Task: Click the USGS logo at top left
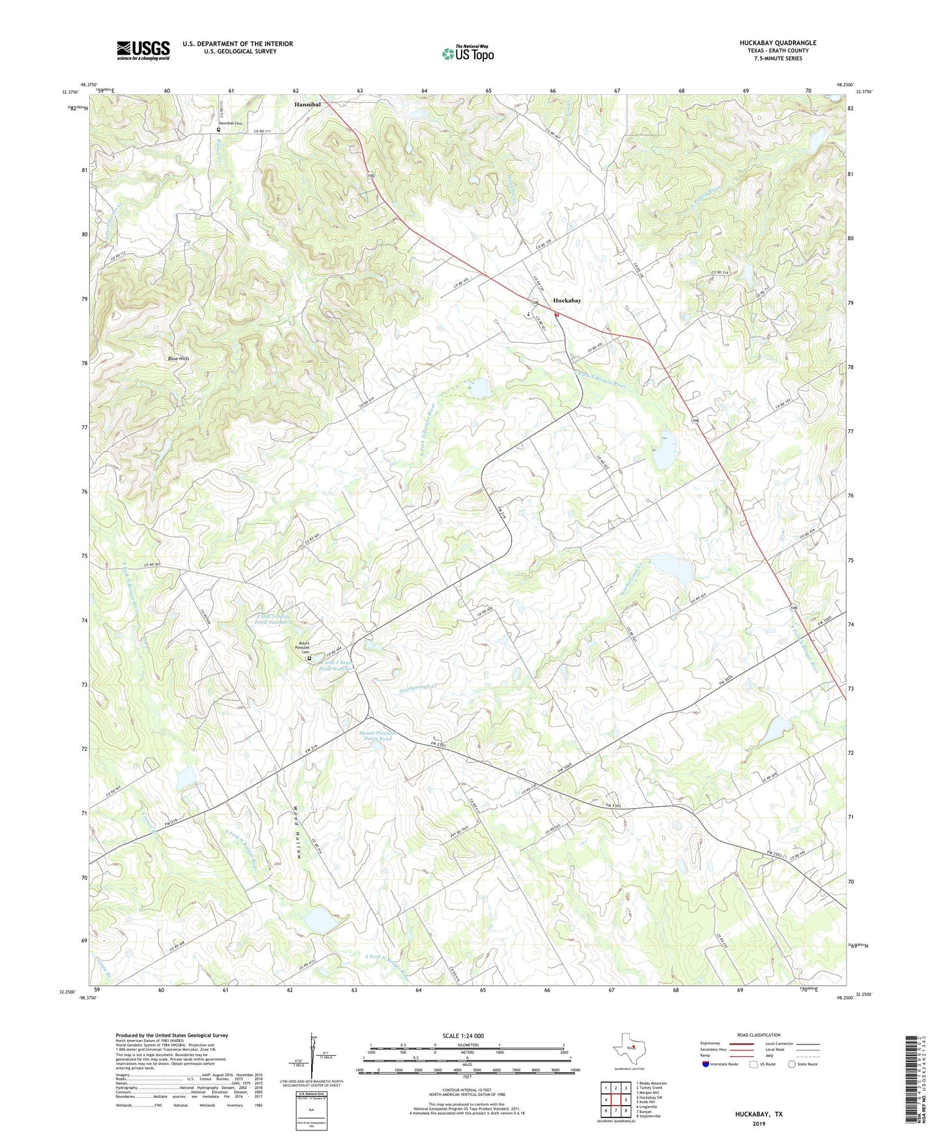coord(143,50)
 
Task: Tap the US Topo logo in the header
coord(468,53)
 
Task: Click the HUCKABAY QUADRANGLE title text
coord(778,43)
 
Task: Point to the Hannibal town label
coord(307,104)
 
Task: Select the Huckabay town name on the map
coord(567,301)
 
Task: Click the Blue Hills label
coord(178,359)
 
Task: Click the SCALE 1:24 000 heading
coord(463,1035)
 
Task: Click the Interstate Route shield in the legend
coord(706,1064)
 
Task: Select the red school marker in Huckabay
coord(557,315)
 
